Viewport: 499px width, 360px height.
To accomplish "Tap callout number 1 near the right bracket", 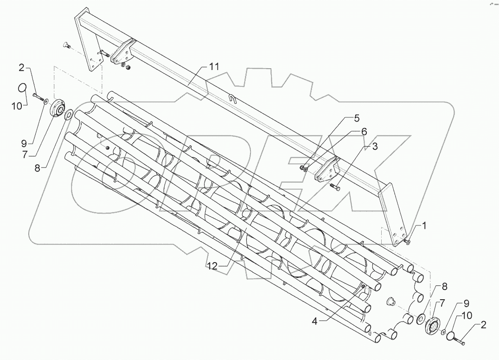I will [423, 226].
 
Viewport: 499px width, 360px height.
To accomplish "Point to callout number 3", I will [375, 147].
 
